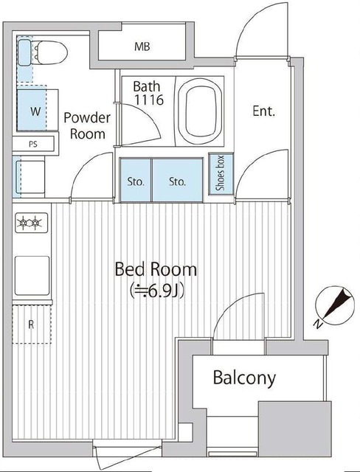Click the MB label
(x=142, y=46)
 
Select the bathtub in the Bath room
(x=200, y=111)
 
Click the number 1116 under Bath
(x=149, y=100)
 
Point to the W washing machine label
(x=35, y=111)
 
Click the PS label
(x=33, y=144)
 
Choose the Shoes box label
(x=221, y=173)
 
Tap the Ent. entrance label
(x=263, y=111)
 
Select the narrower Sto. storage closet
(x=136, y=180)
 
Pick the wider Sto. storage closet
(x=177, y=180)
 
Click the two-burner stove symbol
(x=31, y=223)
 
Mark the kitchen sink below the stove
(x=32, y=275)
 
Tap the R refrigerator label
(x=31, y=324)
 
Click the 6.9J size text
(x=157, y=291)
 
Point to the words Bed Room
(x=156, y=269)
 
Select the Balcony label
(x=244, y=378)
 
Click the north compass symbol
(x=335, y=305)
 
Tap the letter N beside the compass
(x=317, y=324)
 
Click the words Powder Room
(x=87, y=126)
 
